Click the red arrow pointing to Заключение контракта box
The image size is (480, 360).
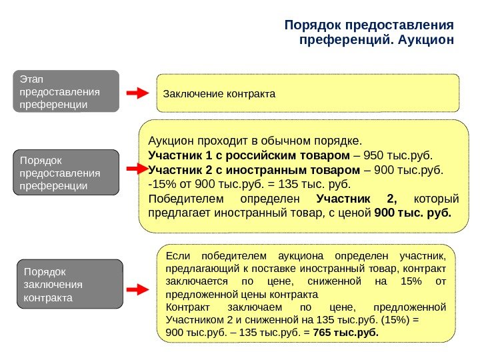click(137, 93)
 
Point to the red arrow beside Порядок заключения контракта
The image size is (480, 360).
click(137, 289)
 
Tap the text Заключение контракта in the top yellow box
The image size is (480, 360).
click(219, 93)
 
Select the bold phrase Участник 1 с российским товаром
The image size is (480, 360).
click(248, 155)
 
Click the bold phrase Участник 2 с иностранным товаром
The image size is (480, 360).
click(254, 170)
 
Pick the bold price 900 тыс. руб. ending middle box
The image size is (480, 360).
click(413, 214)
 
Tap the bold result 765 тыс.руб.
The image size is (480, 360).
click(344, 331)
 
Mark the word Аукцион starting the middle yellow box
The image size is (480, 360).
click(170, 141)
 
